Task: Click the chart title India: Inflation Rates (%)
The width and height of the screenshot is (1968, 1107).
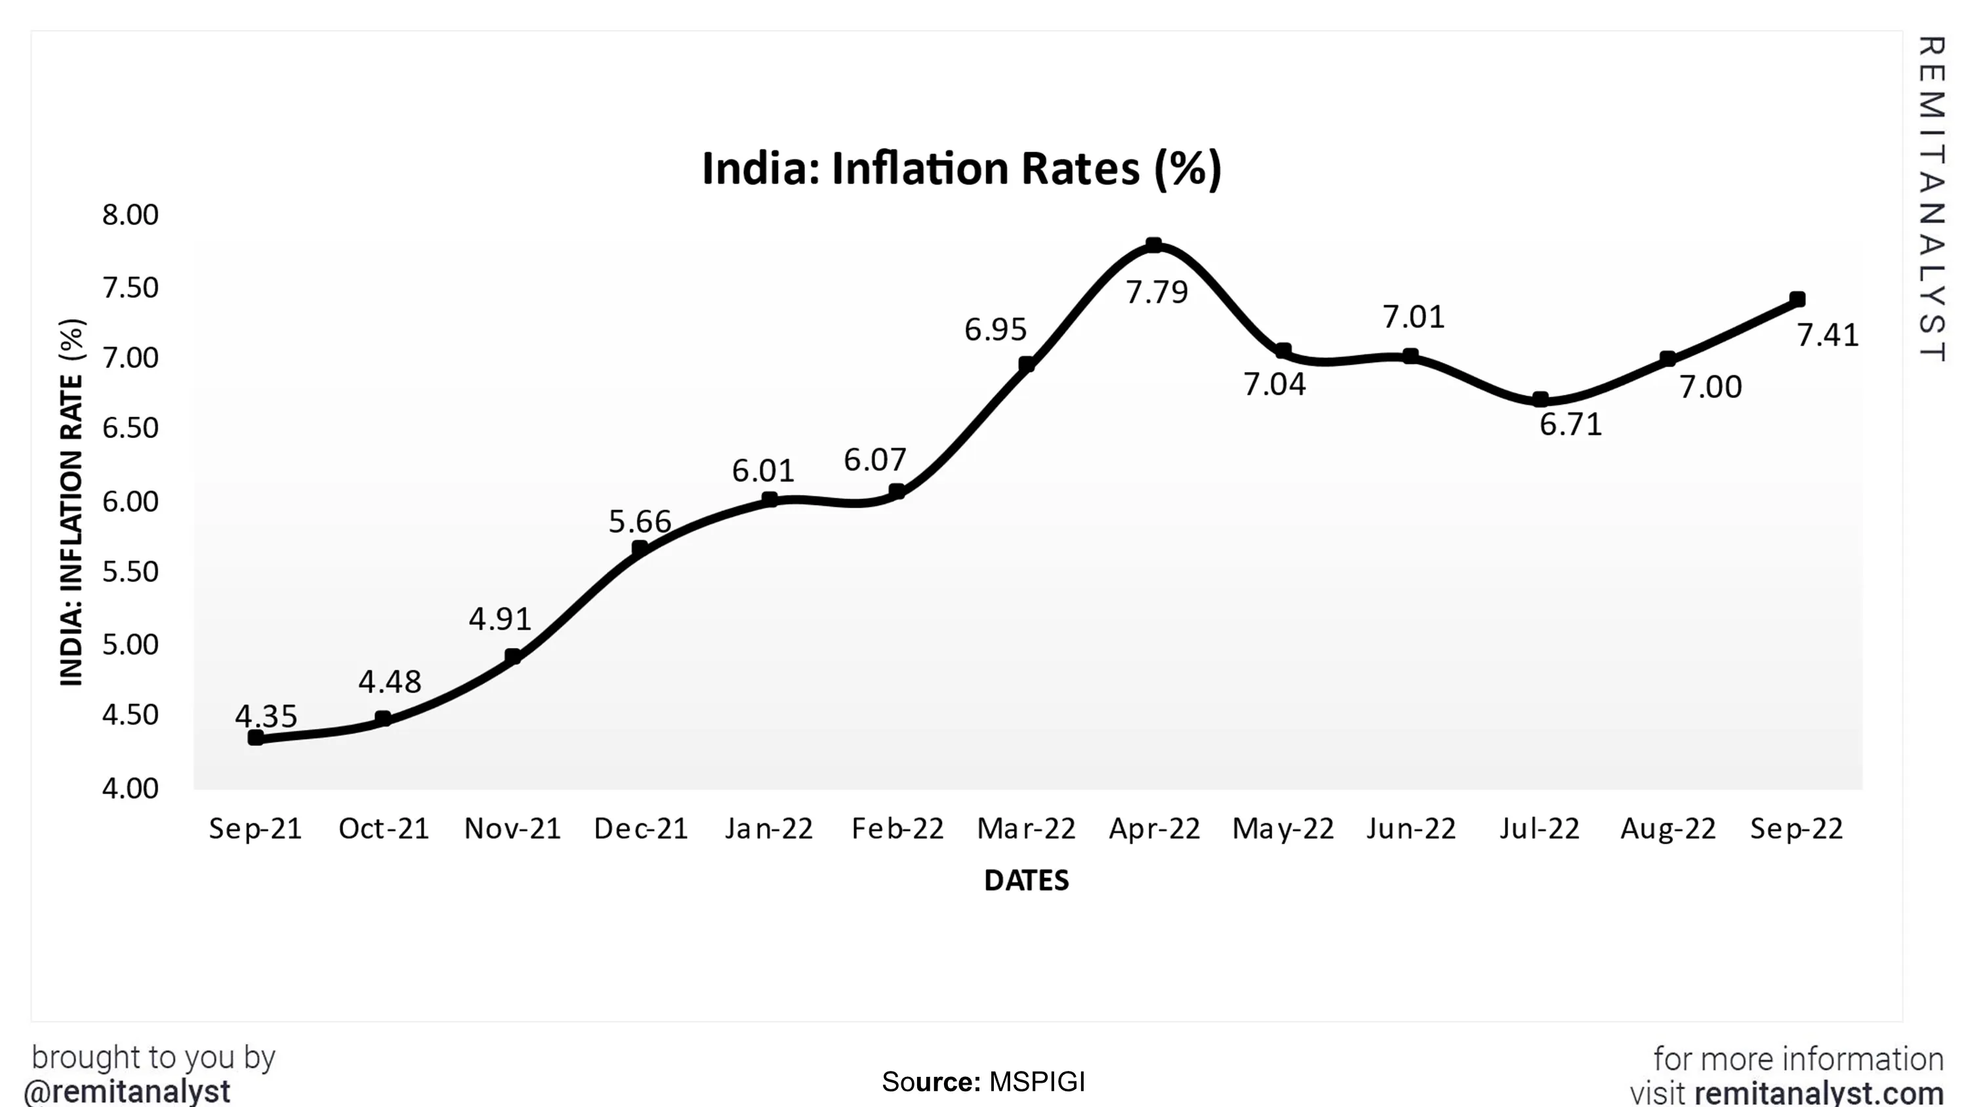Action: [x=961, y=169]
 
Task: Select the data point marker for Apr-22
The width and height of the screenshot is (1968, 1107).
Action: [x=1154, y=245]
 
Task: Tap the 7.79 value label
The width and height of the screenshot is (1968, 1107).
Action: [x=1157, y=292]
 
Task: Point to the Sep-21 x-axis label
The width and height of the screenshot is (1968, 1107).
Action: [x=255, y=829]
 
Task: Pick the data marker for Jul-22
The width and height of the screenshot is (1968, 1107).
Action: [x=1540, y=399]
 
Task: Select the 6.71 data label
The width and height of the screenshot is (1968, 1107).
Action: [x=1570, y=425]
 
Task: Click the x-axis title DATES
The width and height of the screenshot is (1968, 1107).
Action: [x=1026, y=881]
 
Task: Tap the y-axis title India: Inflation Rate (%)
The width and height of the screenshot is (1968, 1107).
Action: [x=72, y=502]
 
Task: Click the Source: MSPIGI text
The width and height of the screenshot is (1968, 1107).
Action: [x=983, y=1082]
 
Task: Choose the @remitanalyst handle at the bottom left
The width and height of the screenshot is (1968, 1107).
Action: [x=127, y=1091]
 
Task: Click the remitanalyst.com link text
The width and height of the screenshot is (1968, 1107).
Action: [x=1818, y=1093]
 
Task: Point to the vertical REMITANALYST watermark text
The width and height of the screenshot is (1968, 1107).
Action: [x=1931, y=199]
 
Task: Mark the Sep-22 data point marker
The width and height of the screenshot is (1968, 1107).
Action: [x=1797, y=300]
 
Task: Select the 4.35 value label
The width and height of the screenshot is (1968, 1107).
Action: [x=265, y=716]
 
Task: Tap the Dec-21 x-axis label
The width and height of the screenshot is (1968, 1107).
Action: [x=640, y=829]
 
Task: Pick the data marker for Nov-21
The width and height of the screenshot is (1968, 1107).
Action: [x=512, y=656]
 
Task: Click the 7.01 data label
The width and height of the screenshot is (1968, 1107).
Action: [x=1414, y=317]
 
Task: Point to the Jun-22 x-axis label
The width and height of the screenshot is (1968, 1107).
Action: [x=1411, y=829]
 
